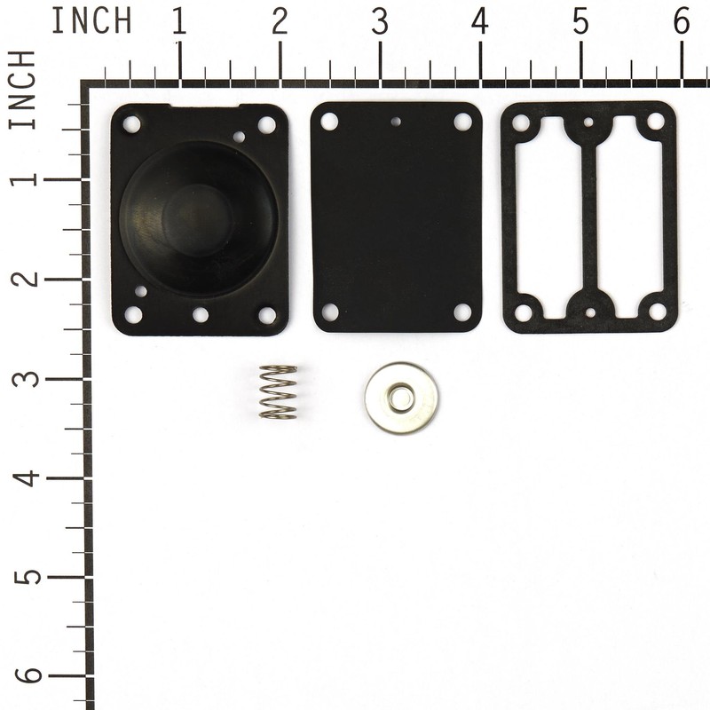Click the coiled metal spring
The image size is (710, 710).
click(278, 391)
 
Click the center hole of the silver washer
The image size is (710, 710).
click(400, 398)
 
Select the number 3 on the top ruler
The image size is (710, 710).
click(380, 22)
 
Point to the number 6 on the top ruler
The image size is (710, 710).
click(681, 22)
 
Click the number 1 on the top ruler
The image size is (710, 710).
click(178, 22)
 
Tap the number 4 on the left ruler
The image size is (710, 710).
click(28, 478)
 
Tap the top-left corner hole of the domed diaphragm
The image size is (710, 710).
click(131, 124)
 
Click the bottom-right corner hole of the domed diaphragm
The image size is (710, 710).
click(266, 314)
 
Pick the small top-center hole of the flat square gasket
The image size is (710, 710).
click(396, 122)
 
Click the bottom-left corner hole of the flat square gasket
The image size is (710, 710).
click(329, 312)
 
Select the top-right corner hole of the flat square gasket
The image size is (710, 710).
click(462, 121)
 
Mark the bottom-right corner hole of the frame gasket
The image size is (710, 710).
click(657, 312)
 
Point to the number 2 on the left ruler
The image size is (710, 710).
click(28, 278)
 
